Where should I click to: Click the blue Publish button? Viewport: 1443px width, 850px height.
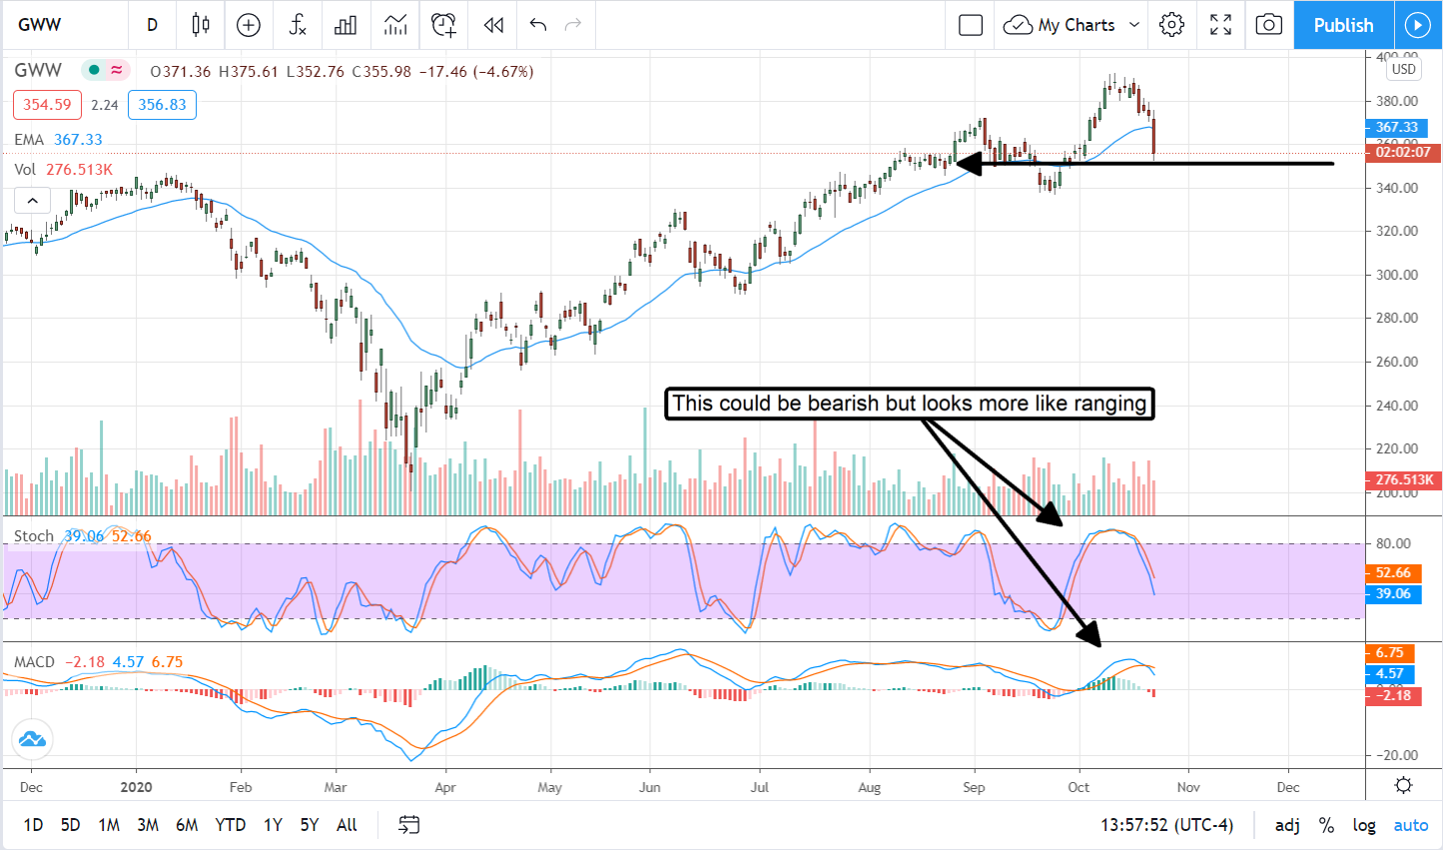[x=1343, y=25]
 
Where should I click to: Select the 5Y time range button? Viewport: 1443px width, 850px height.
[x=310, y=825]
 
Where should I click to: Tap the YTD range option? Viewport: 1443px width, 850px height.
[x=231, y=825]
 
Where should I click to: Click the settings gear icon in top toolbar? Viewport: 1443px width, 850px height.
[x=1172, y=25]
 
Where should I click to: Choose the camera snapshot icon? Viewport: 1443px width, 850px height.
[x=1268, y=25]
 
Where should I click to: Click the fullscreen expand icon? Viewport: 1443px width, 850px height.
[x=1220, y=25]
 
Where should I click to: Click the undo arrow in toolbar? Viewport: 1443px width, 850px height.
[x=538, y=25]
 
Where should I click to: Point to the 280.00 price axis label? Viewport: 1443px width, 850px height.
[x=1397, y=318]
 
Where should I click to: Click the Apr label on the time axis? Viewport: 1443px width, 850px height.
[x=445, y=787]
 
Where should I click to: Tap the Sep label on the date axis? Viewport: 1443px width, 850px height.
[x=974, y=787]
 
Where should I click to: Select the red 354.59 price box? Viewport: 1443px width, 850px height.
[x=47, y=105]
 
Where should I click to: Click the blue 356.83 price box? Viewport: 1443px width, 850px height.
[x=162, y=105]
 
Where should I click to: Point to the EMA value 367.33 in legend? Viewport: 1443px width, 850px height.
[x=78, y=140]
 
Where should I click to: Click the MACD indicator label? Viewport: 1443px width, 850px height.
[x=34, y=662]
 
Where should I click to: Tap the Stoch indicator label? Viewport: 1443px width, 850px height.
[x=33, y=536]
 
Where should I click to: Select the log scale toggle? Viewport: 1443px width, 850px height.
[x=1364, y=825]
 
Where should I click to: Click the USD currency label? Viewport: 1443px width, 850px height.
[x=1403, y=69]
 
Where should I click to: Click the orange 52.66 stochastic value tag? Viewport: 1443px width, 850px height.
[x=1393, y=572]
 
